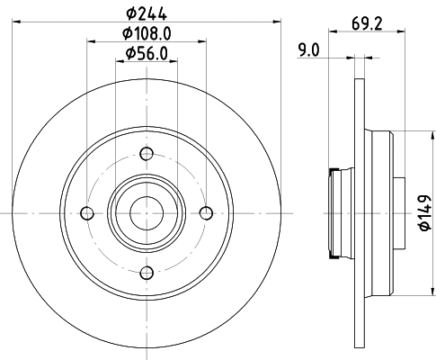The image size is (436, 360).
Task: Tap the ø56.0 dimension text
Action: [147, 53]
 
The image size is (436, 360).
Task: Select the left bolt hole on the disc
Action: [87, 213]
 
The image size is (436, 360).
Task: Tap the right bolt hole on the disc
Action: [206, 213]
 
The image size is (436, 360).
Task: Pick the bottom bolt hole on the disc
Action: [147, 273]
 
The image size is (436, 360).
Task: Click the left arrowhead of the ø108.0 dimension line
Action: [91, 41]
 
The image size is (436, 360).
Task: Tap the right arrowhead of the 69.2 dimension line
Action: [394, 31]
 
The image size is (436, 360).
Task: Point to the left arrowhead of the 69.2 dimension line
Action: [332, 31]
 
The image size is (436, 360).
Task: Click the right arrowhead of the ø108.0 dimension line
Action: [202, 41]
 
